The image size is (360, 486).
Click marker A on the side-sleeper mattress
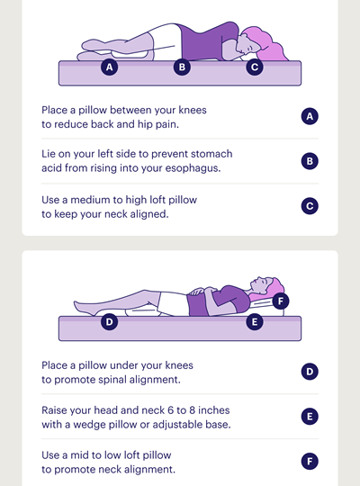coord(110,67)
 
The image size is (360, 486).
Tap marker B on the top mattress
coord(182,67)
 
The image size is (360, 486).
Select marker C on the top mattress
coord(255,67)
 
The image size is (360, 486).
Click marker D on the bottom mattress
coord(110,321)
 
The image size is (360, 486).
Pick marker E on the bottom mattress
coord(255,321)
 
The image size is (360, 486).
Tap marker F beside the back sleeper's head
coord(281,301)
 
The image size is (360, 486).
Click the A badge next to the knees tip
coord(310,116)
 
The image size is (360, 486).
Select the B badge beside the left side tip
coord(310,161)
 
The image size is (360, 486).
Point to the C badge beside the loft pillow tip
coord(310,206)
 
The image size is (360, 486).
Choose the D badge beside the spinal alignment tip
coord(310,372)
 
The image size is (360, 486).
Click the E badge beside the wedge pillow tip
coord(310,417)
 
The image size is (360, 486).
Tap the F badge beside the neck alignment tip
coord(310,461)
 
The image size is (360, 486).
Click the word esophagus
coord(193,168)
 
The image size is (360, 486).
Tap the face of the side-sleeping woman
coord(247,46)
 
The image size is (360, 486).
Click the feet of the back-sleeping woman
coord(83,308)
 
